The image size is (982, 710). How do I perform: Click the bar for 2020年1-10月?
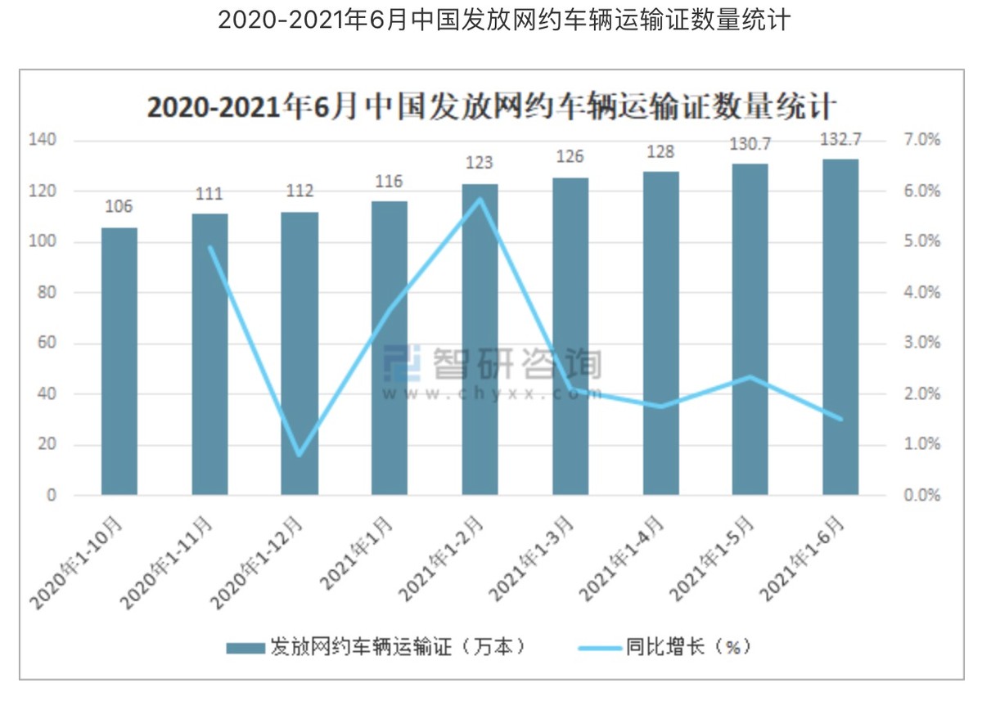(119, 361)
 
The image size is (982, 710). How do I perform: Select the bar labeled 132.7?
(840, 327)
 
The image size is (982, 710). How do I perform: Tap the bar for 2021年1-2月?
(480, 339)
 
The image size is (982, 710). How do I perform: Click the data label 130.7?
(750, 144)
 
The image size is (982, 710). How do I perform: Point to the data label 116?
(390, 182)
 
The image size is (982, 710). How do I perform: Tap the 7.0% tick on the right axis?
(921, 141)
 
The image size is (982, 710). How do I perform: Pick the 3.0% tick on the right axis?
(921, 344)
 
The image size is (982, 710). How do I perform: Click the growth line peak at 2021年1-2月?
(480, 199)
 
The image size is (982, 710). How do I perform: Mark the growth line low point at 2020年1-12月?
(300, 455)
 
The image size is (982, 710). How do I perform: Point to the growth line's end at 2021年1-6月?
(840, 420)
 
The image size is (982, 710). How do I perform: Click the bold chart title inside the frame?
(491, 108)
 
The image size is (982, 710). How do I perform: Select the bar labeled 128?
(660, 333)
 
